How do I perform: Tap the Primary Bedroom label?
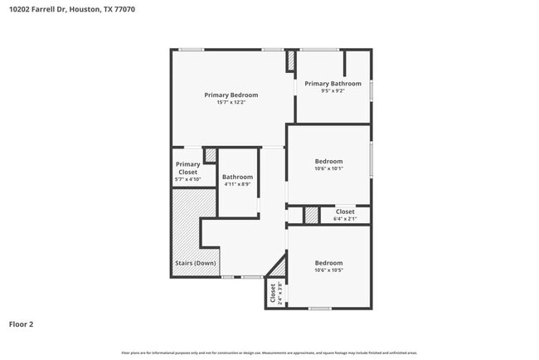click(x=231, y=95)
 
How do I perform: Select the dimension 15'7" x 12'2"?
click(x=231, y=102)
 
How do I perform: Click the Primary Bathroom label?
click(x=333, y=83)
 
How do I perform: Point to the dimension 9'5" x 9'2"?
click(x=333, y=90)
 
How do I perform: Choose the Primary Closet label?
click(x=187, y=168)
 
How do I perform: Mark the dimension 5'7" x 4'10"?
click(x=187, y=179)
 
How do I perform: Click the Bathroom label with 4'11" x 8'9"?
click(x=237, y=177)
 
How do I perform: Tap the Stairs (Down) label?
click(x=195, y=263)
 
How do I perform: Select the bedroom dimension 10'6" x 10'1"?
click(x=328, y=168)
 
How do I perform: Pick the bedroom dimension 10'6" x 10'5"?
click(x=328, y=270)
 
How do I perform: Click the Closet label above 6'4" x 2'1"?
click(x=345, y=212)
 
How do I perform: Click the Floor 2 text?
click(x=21, y=324)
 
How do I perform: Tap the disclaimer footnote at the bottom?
click(x=269, y=353)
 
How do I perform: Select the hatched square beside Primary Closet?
click(x=211, y=155)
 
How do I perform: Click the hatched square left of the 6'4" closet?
click(x=311, y=215)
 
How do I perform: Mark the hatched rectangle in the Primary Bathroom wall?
click(x=290, y=61)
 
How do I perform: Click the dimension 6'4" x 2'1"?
click(x=345, y=219)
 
